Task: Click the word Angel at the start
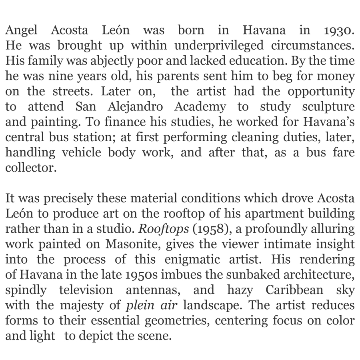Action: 20,30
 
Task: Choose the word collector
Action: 29,168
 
